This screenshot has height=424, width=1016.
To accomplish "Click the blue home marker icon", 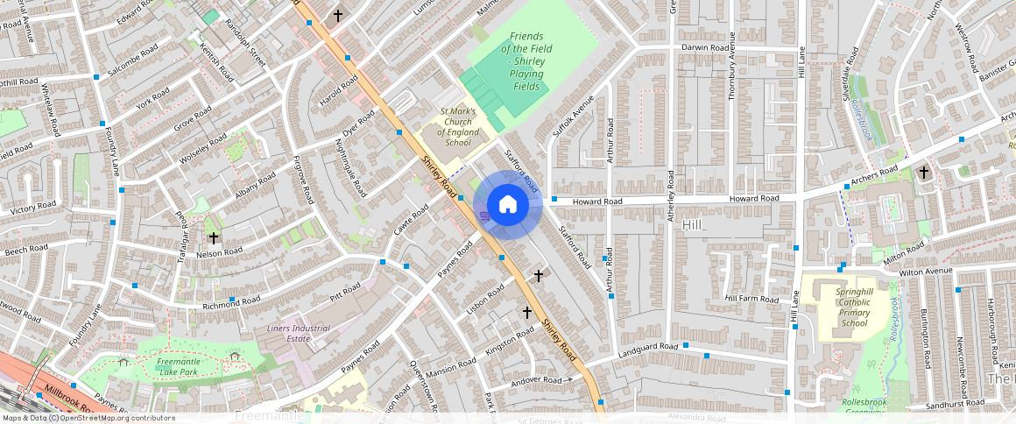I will (508, 205).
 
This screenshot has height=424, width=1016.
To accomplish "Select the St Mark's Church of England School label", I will (457, 127).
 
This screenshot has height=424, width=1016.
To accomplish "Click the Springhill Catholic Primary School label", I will (841, 307).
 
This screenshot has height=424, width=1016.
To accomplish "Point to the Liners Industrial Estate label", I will (298, 334).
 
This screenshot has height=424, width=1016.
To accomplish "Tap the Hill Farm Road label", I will (751, 299).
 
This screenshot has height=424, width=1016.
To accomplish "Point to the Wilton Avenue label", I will (925, 271).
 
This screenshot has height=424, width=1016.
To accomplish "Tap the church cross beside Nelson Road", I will (212, 237).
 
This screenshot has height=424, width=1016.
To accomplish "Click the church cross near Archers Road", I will (923, 173).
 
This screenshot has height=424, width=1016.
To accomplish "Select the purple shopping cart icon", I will (484, 217).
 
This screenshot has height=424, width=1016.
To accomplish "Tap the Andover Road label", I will (537, 381).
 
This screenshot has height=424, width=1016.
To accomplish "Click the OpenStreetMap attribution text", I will (88, 418).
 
